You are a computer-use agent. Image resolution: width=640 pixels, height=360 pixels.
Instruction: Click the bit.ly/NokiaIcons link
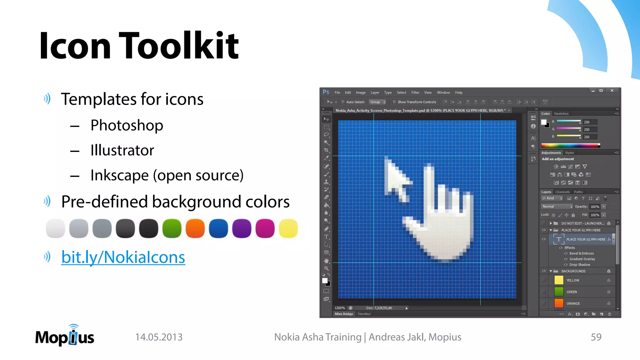click(x=123, y=257)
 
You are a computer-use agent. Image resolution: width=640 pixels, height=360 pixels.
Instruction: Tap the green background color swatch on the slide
click(x=172, y=228)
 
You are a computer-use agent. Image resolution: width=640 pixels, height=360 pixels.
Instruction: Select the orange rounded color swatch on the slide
click(x=195, y=228)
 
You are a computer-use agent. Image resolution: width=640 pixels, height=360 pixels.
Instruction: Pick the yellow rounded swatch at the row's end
click(x=288, y=228)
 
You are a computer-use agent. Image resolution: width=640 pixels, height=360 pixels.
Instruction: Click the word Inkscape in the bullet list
click(x=119, y=175)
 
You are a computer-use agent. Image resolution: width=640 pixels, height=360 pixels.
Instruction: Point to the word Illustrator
click(x=122, y=150)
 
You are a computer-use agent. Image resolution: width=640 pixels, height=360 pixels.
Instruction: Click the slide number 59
click(x=596, y=337)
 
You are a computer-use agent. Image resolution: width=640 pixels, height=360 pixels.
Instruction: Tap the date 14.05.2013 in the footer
click(x=159, y=337)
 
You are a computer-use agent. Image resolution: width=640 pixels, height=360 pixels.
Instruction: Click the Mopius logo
click(x=65, y=336)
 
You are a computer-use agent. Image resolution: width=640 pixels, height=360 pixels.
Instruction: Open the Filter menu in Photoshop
click(x=415, y=92)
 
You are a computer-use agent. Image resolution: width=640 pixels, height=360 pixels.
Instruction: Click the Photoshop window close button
click(x=612, y=91)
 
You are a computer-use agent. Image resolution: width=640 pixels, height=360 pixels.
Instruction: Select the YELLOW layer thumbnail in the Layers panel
click(x=559, y=280)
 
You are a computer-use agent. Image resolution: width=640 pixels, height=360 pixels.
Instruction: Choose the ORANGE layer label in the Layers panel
click(x=573, y=303)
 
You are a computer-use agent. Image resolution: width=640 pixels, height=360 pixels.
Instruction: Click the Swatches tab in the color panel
click(x=561, y=114)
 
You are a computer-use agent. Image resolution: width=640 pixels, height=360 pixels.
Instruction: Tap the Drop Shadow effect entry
click(x=580, y=265)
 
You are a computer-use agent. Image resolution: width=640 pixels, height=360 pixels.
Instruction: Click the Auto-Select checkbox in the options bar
click(x=343, y=102)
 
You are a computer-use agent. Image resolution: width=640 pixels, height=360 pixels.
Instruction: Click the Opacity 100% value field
click(x=595, y=207)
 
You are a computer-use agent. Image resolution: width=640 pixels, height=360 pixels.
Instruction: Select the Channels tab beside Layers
click(x=562, y=192)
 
